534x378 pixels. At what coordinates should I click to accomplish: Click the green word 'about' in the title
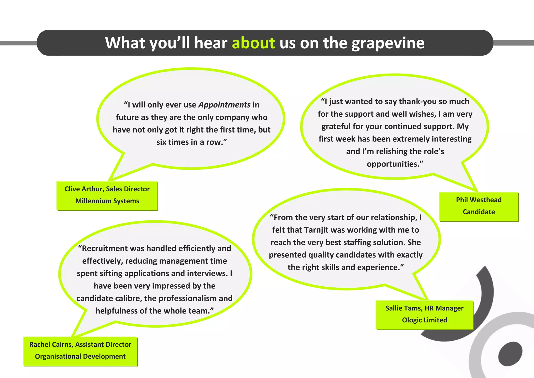[253, 43]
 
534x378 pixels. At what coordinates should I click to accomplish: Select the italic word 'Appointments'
[224, 105]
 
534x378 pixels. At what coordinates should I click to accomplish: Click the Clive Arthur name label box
[107, 196]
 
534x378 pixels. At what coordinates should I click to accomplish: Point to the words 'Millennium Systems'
[107, 201]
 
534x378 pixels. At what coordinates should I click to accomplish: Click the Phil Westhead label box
[479, 206]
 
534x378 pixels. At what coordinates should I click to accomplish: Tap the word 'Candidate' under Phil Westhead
[479, 212]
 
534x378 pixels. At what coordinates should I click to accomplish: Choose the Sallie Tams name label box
[424, 315]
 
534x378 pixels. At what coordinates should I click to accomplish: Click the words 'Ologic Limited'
[424, 320]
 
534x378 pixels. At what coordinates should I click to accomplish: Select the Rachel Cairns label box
[80, 351]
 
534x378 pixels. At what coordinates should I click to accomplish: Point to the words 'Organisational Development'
[80, 356]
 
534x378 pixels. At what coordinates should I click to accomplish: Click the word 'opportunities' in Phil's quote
[393, 164]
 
